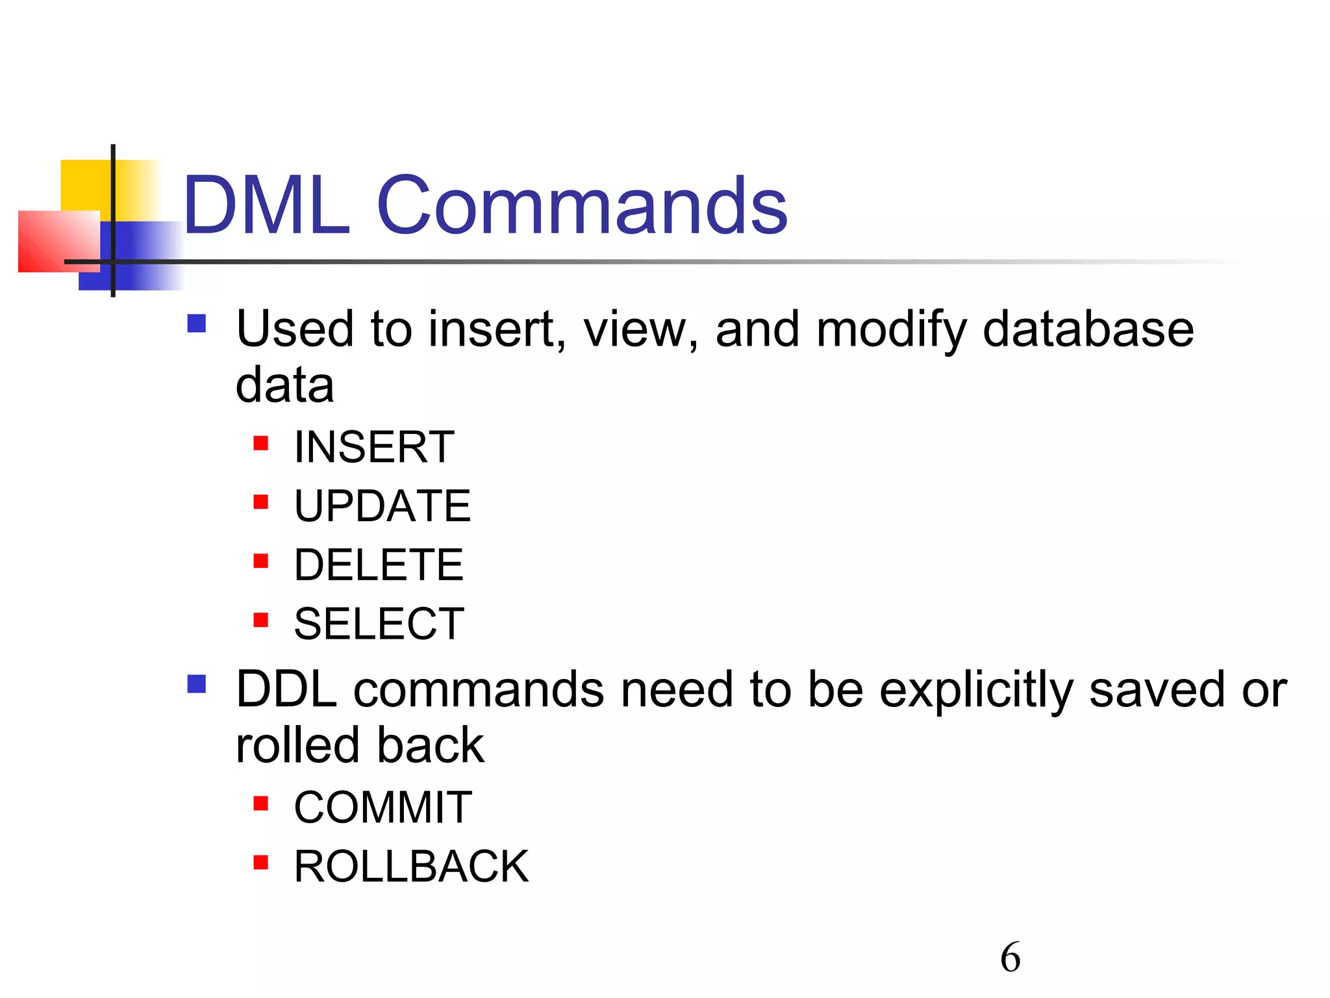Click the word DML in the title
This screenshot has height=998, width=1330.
pyautogui.click(x=266, y=206)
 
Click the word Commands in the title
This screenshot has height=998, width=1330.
pyautogui.click(x=582, y=206)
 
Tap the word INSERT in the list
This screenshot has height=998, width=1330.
pyautogui.click(x=374, y=447)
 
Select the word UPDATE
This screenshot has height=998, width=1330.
pyautogui.click(x=383, y=506)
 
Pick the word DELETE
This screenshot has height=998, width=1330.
pyautogui.click(x=379, y=565)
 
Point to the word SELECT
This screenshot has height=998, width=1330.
pyautogui.click(x=379, y=624)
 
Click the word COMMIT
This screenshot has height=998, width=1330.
pyautogui.click(x=383, y=808)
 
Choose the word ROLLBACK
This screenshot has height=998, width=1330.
pyautogui.click(x=411, y=867)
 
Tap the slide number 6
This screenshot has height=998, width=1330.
pyautogui.click(x=1010, y=957)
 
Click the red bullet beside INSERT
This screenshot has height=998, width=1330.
pyautogui.click(x=261, y=443)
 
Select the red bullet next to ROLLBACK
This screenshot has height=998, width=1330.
pyautogui.click(x=261, y=862)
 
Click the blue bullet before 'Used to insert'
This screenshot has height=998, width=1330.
pyautogui.click(x=196, y=324)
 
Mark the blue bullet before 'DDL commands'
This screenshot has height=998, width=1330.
pyautogui.click(x=196, y=684)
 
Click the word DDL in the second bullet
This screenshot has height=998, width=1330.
pyautogui.click(x=286, y=689)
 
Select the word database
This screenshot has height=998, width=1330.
pyautogui.click(x=1088, y=329)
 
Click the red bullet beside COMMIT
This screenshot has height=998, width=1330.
pyautogui.click(x=261, y=804)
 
